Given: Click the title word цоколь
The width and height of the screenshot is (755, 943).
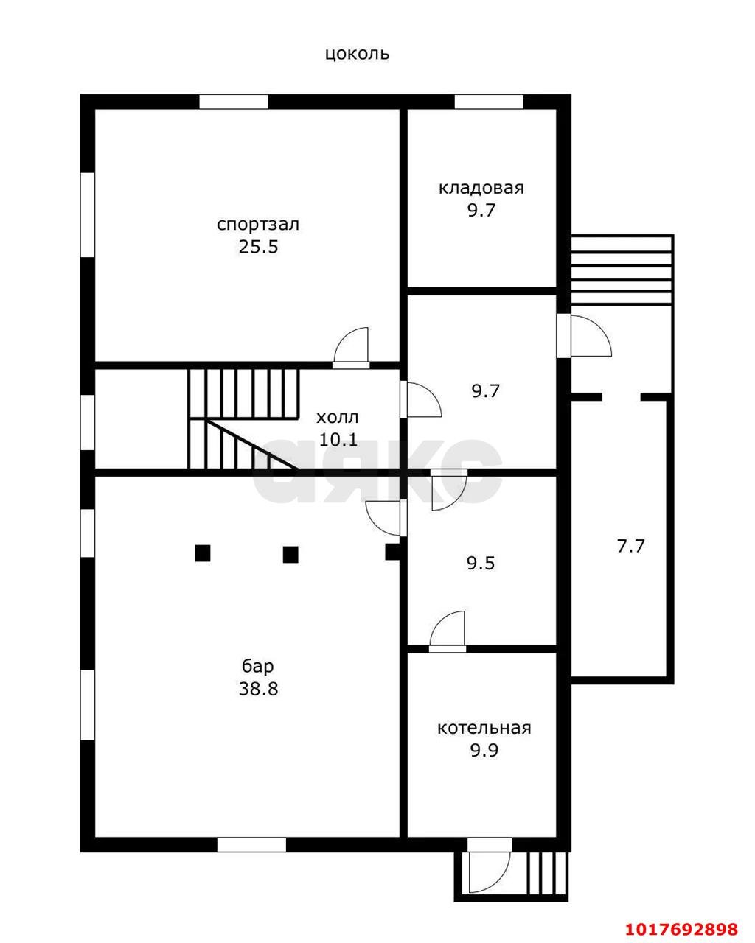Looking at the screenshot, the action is click(357, 55).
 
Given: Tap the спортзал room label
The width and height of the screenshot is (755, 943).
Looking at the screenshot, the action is click(258, 225).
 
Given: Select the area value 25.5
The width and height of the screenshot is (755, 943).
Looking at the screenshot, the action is click(258, 248).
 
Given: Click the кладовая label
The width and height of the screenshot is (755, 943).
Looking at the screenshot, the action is click(481, 188).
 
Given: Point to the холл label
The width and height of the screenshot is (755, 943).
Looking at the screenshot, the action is click(338, 417).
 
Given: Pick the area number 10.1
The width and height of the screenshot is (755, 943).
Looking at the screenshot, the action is click(338, 439).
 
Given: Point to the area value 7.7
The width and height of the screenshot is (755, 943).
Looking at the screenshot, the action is click(631, 547).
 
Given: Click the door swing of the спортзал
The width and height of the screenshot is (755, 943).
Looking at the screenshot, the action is click(351, 346).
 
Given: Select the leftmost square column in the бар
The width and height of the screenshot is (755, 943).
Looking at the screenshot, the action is click(203, 553).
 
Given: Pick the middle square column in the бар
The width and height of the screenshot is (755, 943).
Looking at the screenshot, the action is click(290, 554).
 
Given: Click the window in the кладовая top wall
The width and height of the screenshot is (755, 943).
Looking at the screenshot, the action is click(489, 102).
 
